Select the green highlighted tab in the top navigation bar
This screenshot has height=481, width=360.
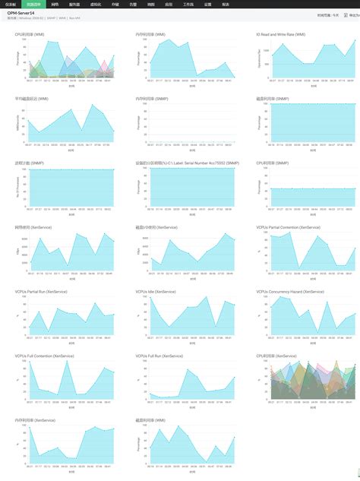click(33, 4)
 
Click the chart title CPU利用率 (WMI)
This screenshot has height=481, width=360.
click(29, 35)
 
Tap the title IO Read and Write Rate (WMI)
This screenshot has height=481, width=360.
click(280, 35)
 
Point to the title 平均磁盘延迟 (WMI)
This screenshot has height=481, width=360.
click(30, 99)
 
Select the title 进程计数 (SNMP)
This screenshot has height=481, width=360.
click(27, 163)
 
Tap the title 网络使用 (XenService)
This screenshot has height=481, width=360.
click(33, 226)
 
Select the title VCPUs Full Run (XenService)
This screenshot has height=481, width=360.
click(159, 356)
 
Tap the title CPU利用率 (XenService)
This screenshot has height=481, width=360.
click(276, 356)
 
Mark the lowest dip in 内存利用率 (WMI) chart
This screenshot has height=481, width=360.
click(197, 76)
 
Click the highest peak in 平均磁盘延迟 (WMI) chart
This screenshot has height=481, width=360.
click(92, 105)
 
